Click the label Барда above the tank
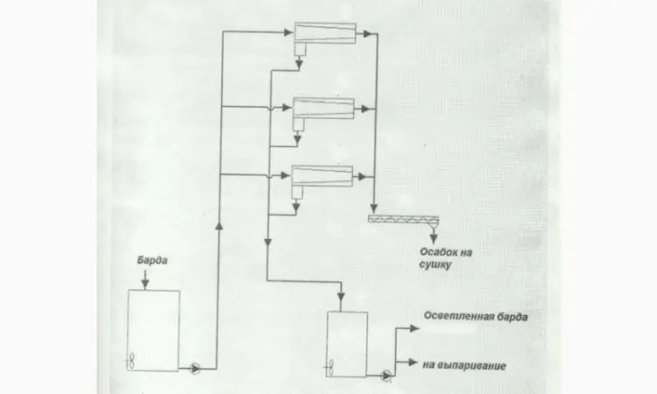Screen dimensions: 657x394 pyautogui.click(x=152, y=260)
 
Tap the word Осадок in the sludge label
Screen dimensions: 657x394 pyautogui.click(x=435, y=252)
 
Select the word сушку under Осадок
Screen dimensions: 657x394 pyautogui.click(x=435, y=265)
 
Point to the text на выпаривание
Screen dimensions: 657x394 pyautogui.click(x=464, y=365)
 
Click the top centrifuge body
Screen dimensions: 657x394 pyautogui.click(x=325, y=32)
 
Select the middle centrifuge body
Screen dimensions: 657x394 pyautogui.click(x=323, y=109)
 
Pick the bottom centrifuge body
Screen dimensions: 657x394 pyautogui.click(x=322, y=176)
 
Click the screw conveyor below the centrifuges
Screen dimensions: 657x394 pyautogui.click(x=403, y=219)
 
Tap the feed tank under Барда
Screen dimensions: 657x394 pyautogui.click(x=153, y=330)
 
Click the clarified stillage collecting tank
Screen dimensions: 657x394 pyautogui.click(x=347, y=344)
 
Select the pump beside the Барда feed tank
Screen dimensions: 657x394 pyautogui.click(x=195, y=369)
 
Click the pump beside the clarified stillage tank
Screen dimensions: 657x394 pyautogui.click(x=386, y=376)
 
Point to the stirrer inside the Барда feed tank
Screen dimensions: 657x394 pyautogui.click(x=131, y=361)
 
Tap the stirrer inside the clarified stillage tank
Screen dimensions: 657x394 pyautogui.click(x=330, y=368)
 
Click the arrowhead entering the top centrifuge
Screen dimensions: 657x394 pyautogui.click(x=289, y=32)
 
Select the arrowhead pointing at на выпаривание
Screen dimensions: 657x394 pyautogui.click(x=413, y=362)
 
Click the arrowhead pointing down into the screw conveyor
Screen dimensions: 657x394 pyautogui.click(x=374, y=208)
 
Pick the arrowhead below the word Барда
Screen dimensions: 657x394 pyautogui.click(x=145, y=285)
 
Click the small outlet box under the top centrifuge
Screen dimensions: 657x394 pyautogui.click(x=300, y=49)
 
